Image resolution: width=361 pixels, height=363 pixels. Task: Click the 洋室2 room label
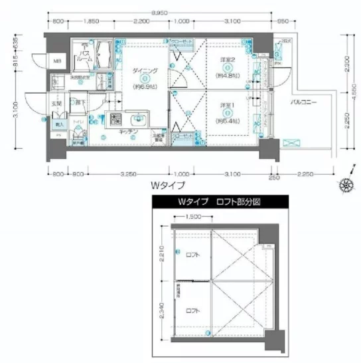coord(227,60)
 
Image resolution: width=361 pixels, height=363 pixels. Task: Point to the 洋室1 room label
coord(227,105)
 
